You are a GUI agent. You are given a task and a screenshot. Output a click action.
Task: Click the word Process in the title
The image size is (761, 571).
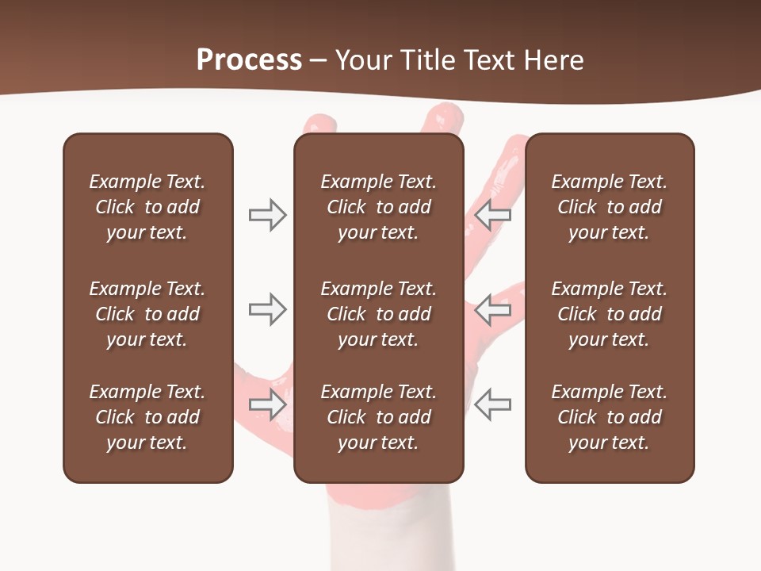249,60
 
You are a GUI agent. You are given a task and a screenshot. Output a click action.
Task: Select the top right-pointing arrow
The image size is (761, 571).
267,215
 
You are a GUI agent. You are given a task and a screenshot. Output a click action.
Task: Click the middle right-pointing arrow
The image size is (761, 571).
267,309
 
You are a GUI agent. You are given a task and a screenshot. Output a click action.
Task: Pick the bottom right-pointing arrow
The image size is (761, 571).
267,404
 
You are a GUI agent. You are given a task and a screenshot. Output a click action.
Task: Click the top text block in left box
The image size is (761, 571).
147,207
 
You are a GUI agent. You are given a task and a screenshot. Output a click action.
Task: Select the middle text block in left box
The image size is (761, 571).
147,314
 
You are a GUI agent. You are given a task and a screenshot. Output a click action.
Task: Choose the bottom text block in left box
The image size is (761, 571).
147,417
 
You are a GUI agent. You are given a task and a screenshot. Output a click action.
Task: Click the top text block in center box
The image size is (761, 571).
378,207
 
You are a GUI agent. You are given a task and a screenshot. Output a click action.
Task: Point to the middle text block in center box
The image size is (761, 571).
378,314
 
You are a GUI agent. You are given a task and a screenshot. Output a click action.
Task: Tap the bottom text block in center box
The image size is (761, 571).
378,417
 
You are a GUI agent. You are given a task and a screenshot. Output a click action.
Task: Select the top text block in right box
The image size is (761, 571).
609,207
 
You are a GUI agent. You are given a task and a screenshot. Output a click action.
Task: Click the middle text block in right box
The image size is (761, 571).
609,314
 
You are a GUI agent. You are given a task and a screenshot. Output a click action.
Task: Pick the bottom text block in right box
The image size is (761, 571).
609,417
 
